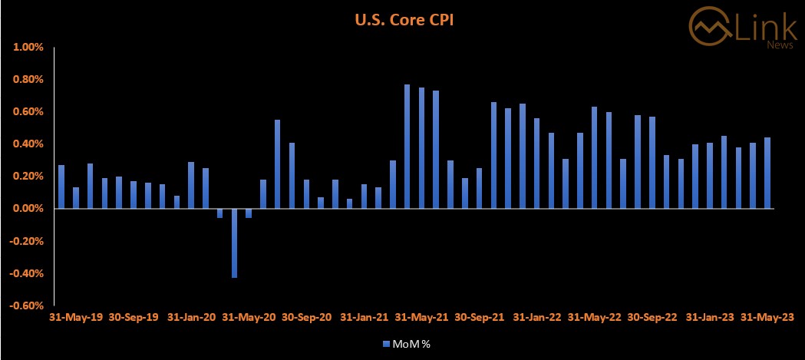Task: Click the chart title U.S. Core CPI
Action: point(404,20)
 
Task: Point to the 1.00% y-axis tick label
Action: point(29,47)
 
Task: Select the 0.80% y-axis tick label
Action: point(29,79)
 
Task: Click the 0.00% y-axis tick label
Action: point(29,209)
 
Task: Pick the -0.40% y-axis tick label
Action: point(28,273)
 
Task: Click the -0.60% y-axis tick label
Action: point(28,306)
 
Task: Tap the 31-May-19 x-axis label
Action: point(75,316)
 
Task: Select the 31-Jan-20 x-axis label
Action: point(191,316)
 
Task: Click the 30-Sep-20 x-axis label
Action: point(307,316)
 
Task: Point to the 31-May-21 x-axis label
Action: point(422,316)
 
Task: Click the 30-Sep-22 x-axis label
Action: point(653,316)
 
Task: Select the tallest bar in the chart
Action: point(407,146)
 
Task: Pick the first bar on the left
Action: point(61,187)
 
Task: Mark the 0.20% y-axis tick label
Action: point(29,177)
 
